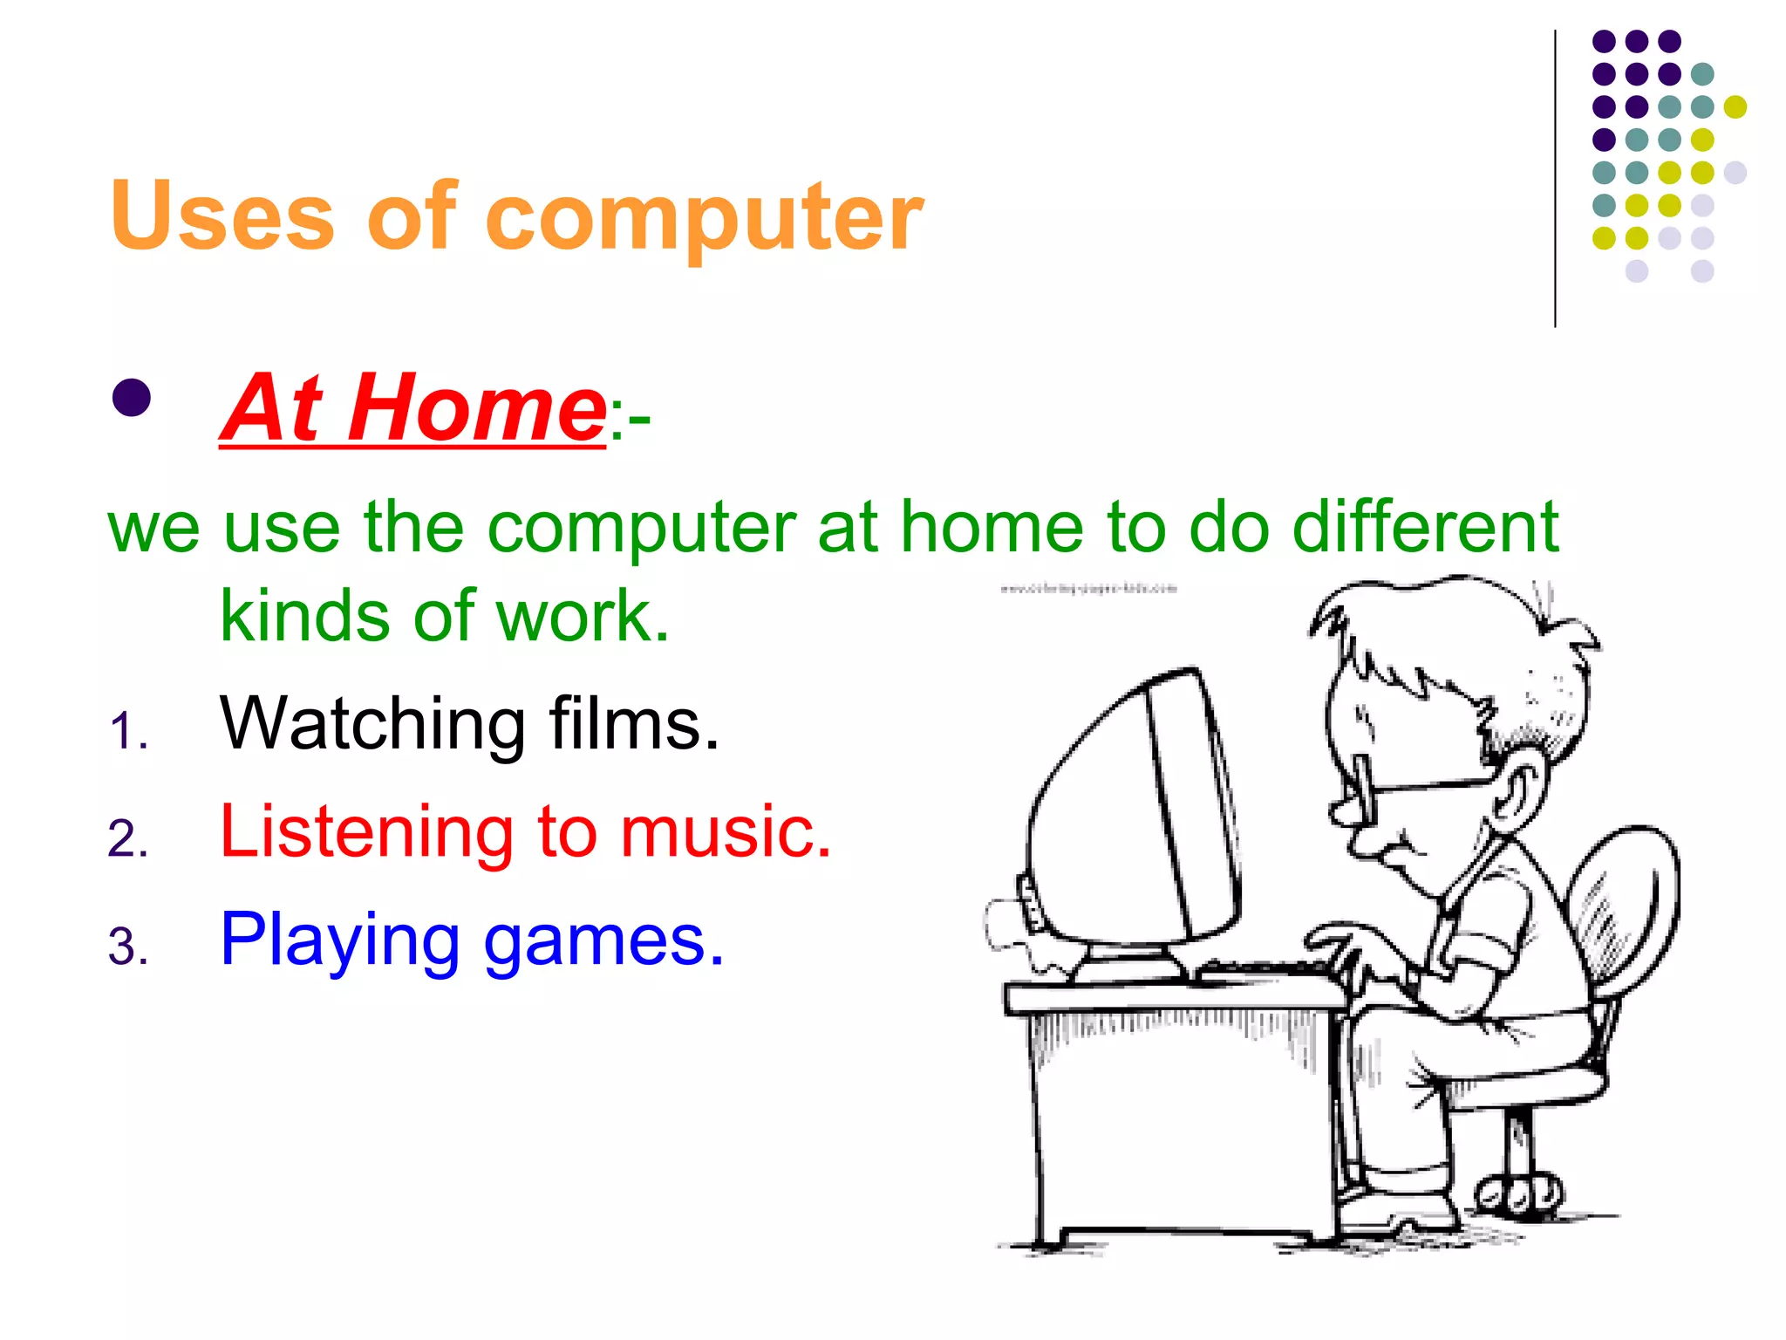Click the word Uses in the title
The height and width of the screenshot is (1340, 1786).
[222, 215]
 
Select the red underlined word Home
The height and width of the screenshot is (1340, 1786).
[476, 408]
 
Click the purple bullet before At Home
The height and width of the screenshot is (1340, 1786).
[132, 398]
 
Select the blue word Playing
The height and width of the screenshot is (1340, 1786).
[339, 940]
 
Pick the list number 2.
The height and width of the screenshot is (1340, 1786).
[127, 839]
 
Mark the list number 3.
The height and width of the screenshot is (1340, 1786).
[127, 947]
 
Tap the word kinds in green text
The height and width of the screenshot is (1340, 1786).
[304, 616]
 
